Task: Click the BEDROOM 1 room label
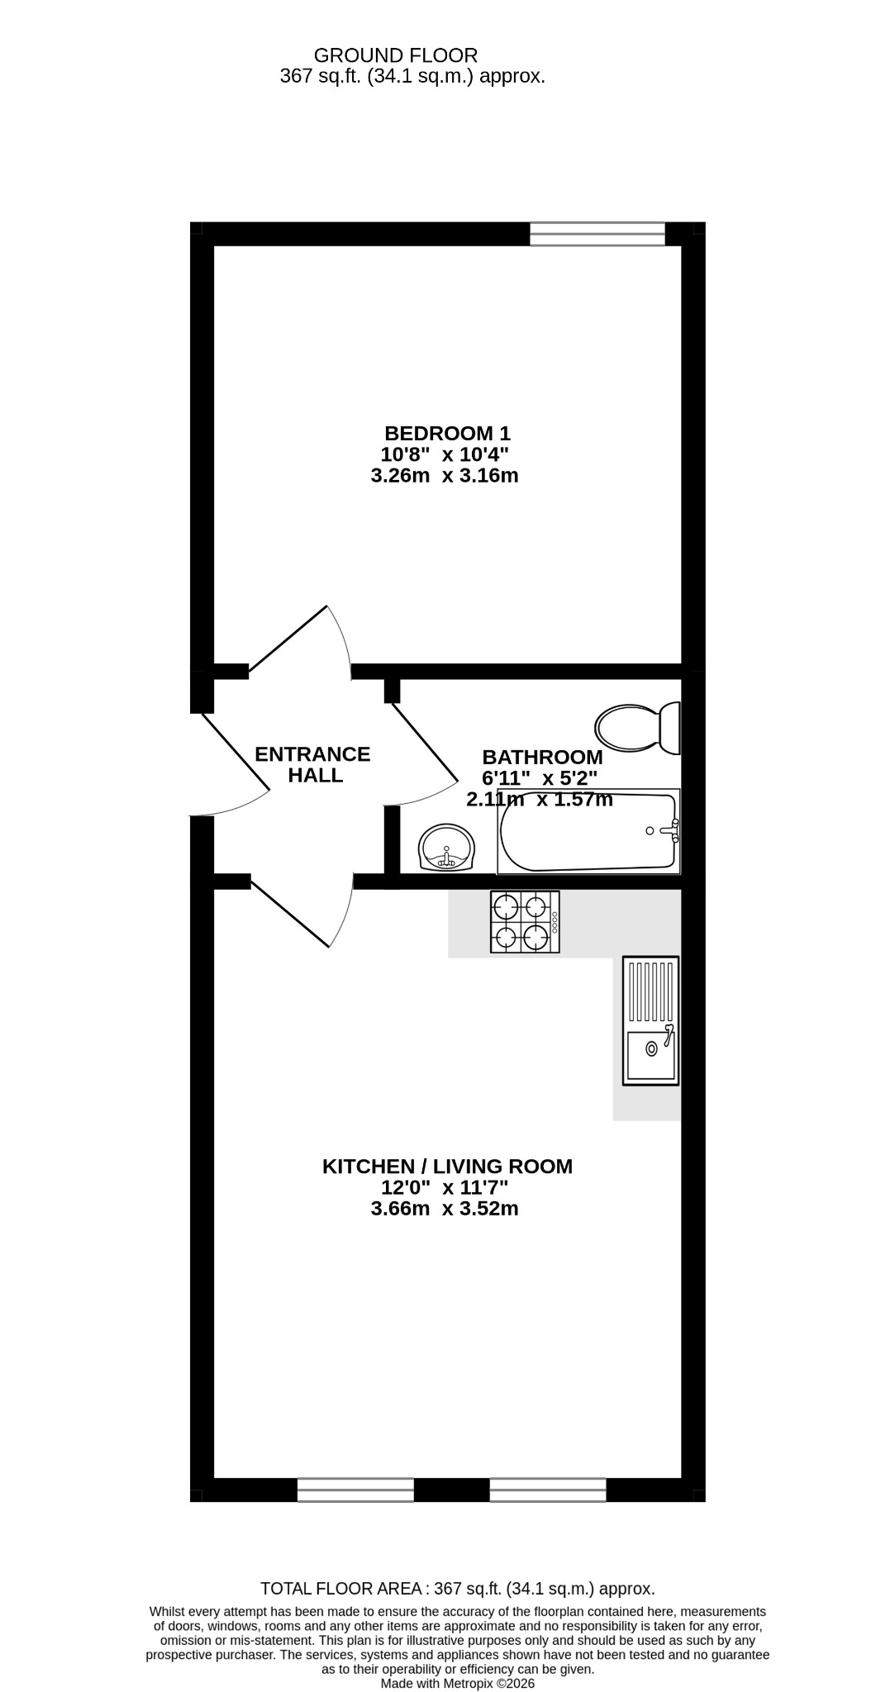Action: (x=447, y=433)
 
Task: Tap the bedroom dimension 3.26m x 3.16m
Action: (x=445, y=476)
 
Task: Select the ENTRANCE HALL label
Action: (x=312, y=765)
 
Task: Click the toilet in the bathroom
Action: (x=637, y=728)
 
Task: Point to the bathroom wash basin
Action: (x=447, y=847)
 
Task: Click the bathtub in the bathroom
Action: (x=588, y=831)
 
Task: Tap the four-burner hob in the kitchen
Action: (x=525, y=922)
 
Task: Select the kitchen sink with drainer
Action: (x=650, y=1020)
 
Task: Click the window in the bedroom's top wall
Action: (x=597, y=234)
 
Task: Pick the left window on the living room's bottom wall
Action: (x=355, y=1490)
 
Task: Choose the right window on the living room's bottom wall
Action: (x=548, y=1490)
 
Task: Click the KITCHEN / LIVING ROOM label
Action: (x=447, y=1167)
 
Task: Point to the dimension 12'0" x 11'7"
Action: (x=445, y=1188)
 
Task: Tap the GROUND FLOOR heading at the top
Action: (x=396, y=55)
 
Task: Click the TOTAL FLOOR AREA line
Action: (x=458, y=1588)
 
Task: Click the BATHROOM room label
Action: (x=543, y=757)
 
